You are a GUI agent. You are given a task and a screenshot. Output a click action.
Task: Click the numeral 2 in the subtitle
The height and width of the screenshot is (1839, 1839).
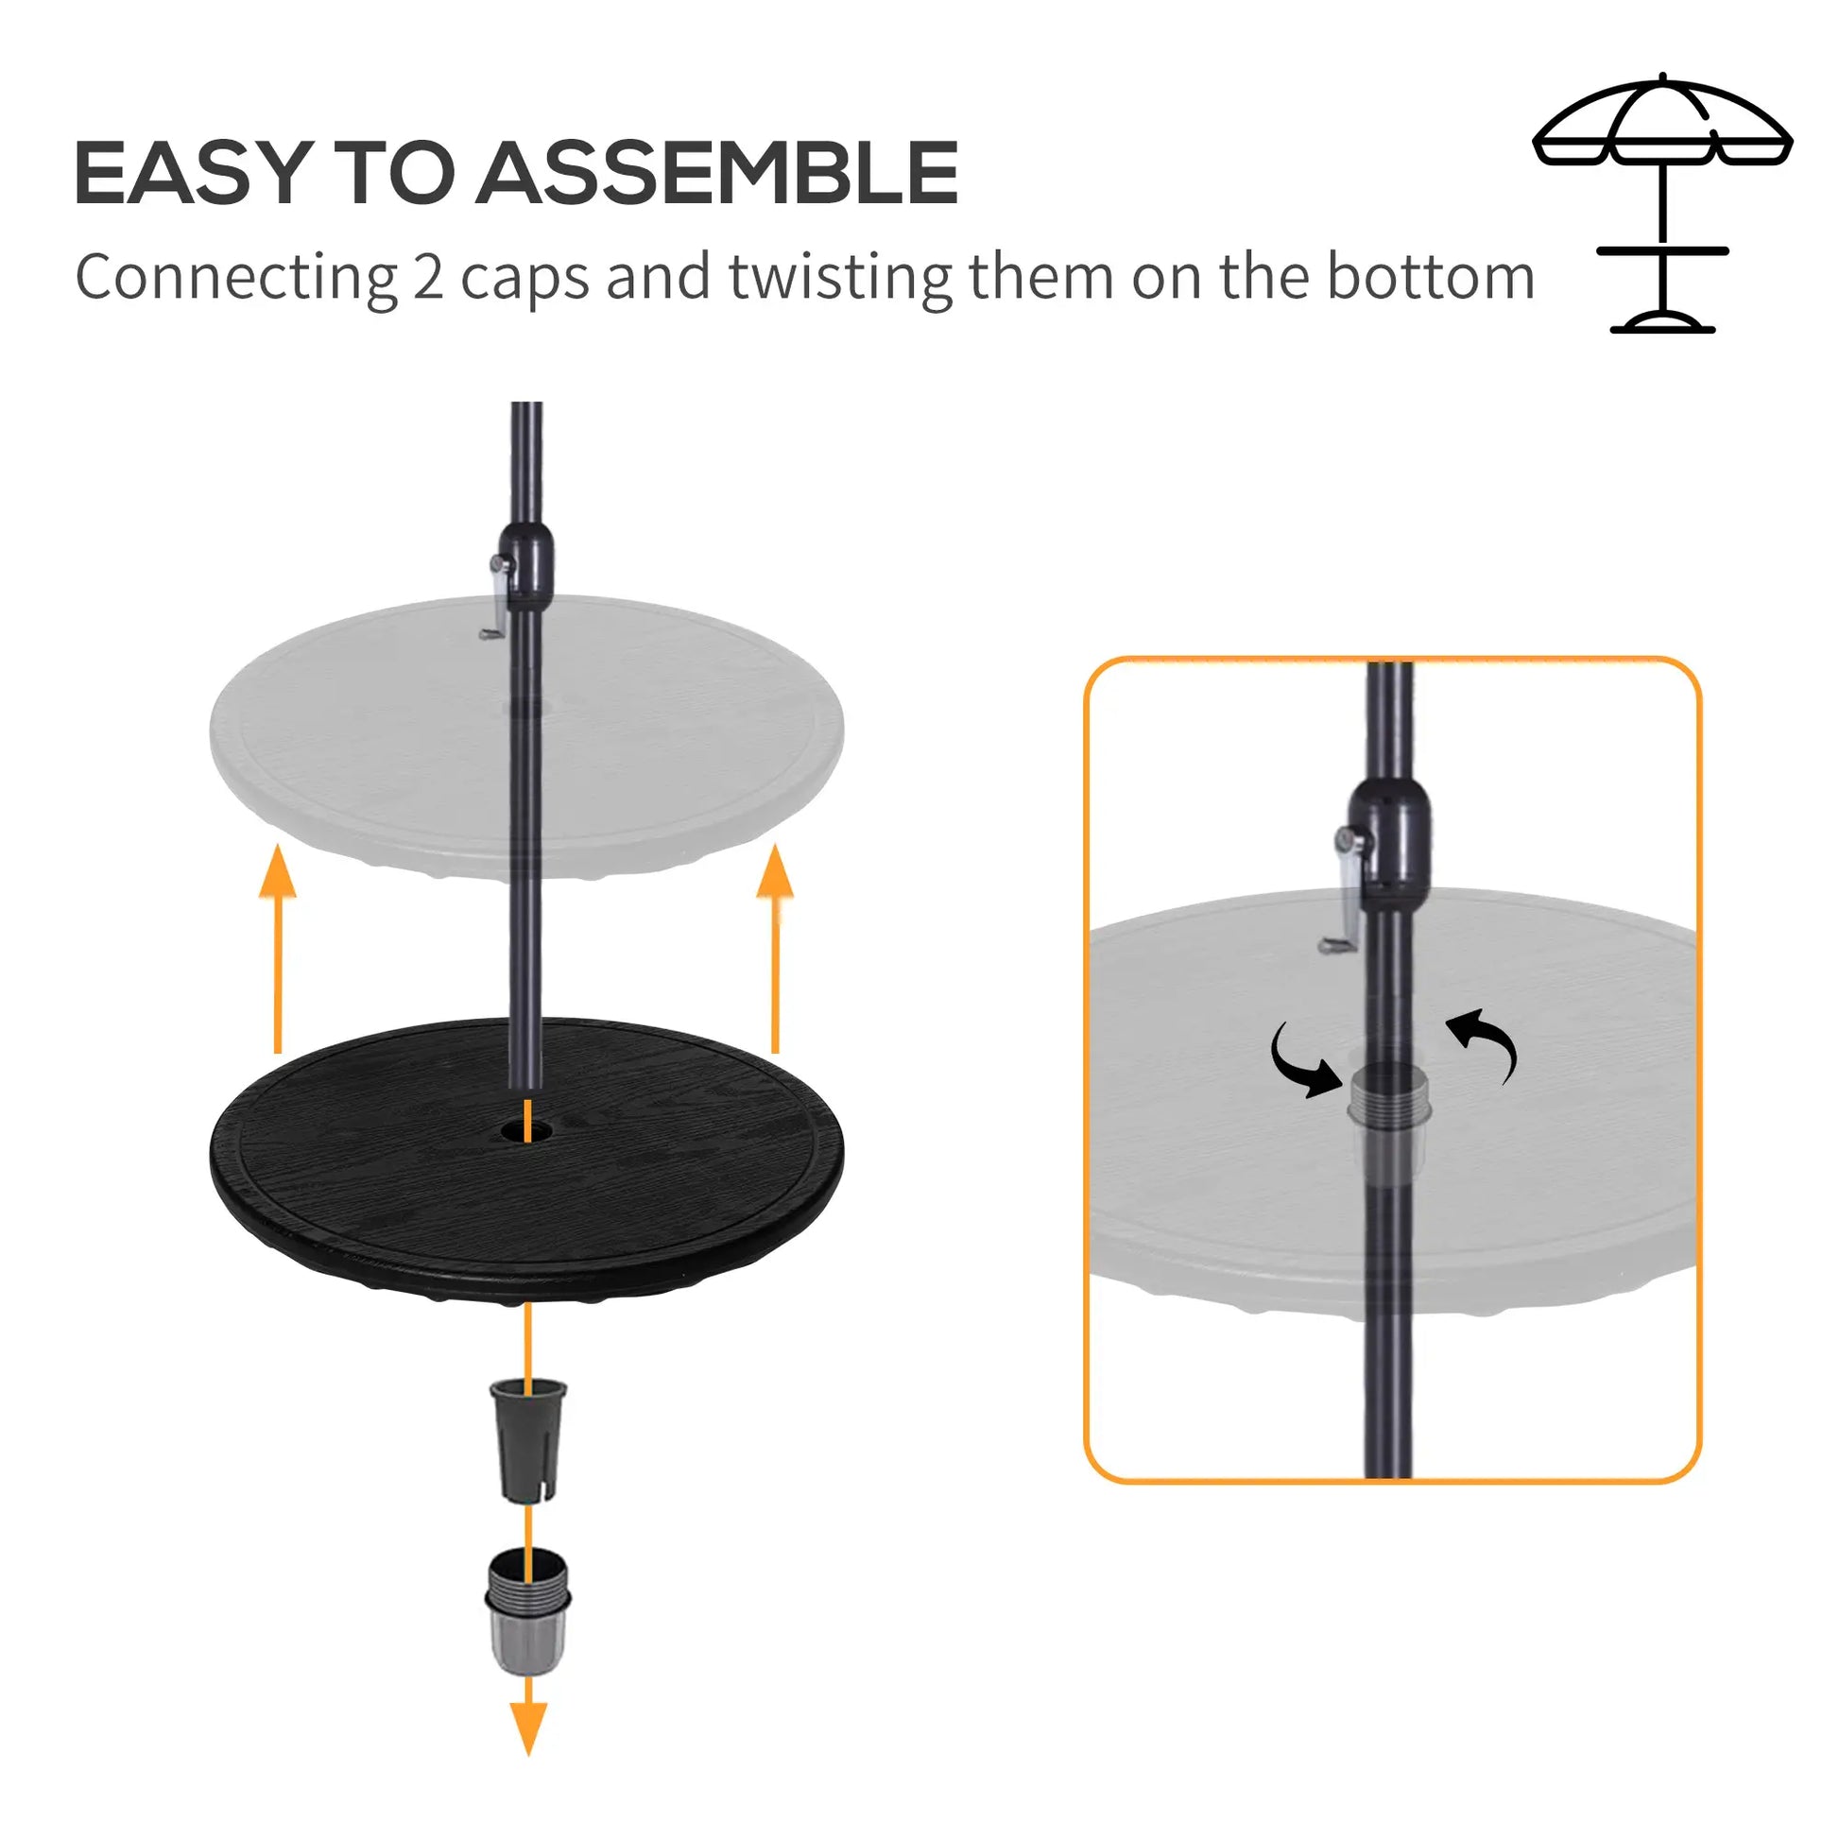pyautogui.click(x=427, y=277)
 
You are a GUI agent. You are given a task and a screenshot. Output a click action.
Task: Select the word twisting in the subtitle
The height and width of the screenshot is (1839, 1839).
pyautogui.click(x=839, y=277)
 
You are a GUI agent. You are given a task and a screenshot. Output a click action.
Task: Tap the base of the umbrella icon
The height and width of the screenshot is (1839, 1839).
pyautogui.click(x=1662, y=323)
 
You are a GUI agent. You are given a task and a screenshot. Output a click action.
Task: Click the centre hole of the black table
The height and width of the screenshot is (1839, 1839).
pyautogui.click(x=526, y=1130)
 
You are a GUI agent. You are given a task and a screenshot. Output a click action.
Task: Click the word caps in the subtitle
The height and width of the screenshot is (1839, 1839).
pyautogui.click(x=524, y=277)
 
